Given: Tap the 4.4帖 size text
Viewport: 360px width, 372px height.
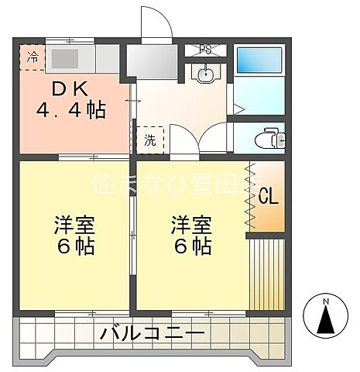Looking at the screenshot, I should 70,109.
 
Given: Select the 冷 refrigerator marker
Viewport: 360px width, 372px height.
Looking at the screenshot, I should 33,57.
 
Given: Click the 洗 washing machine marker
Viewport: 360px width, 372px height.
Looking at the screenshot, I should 152,140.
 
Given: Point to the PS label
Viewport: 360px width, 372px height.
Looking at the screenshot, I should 205,50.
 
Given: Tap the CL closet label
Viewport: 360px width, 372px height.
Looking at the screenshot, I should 268,196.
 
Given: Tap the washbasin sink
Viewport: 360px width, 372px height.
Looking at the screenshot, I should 206,76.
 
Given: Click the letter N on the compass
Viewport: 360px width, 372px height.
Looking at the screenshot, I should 326,301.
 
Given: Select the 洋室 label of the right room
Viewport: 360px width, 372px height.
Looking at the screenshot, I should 191,226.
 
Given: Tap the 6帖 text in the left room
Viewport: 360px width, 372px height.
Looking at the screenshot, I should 74,247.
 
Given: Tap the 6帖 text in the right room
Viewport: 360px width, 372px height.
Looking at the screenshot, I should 191,247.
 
